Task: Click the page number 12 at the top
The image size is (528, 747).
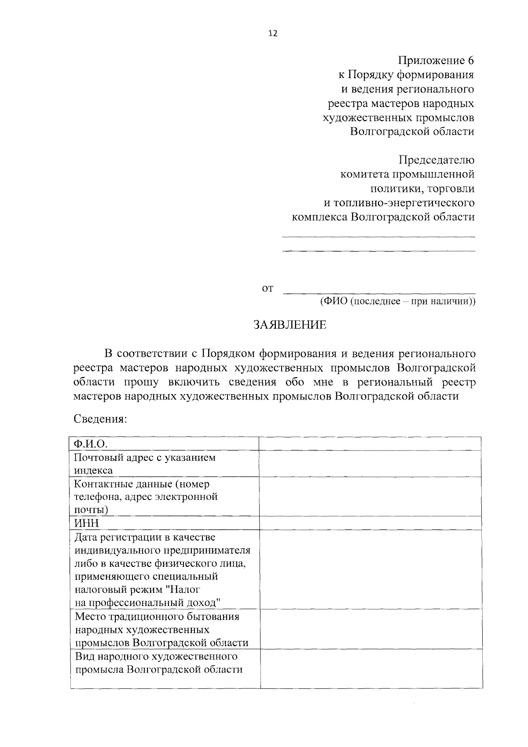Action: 273,34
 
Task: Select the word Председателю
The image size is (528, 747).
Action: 436,159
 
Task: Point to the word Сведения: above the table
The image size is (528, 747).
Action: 100,418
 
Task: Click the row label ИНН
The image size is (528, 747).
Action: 87,523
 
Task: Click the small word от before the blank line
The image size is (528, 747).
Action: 268,288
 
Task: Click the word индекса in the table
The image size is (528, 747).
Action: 93,470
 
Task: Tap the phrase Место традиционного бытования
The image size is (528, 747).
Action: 157,616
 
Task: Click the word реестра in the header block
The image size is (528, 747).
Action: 348,104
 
